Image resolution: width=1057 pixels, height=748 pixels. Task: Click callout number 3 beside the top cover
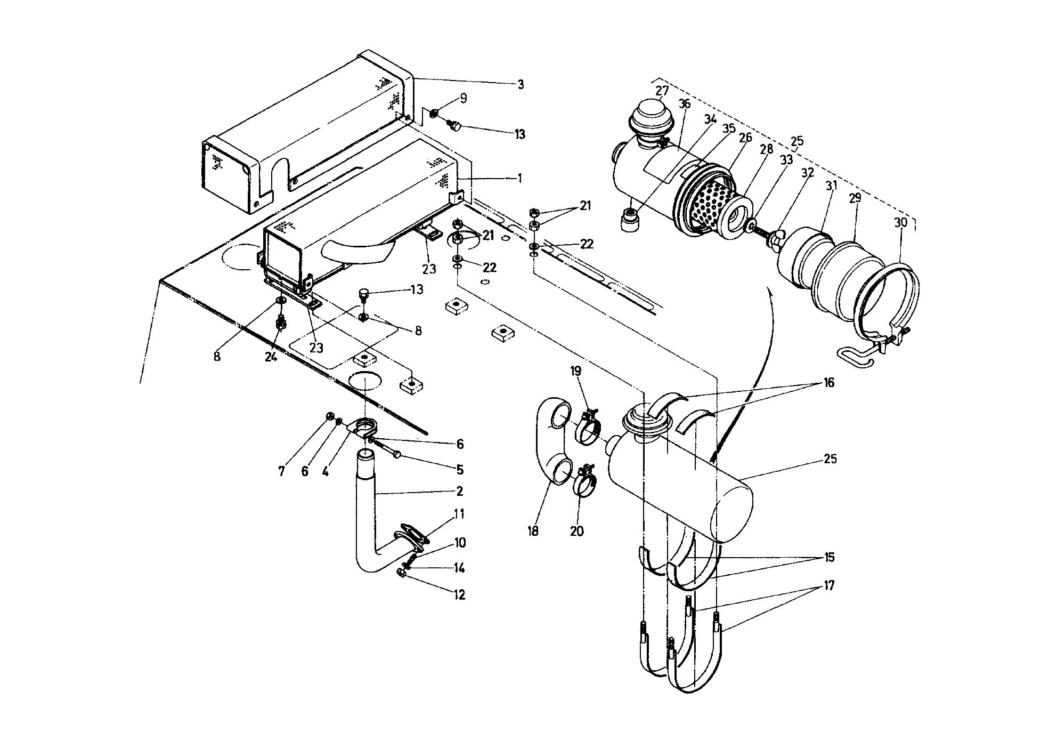[x=521, y=85]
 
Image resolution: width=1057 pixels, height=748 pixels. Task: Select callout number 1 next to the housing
[x=520, y=179]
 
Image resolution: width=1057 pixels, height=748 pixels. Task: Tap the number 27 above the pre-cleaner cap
[x=662, y=91]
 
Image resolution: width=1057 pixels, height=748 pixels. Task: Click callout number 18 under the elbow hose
[x=533, y=531]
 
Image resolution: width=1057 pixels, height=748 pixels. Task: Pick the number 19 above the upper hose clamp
[x=576, y=371]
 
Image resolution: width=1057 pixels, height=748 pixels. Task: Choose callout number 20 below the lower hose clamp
[x=577, y=531]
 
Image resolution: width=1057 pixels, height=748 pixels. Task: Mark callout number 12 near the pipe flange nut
[x=459, y=594]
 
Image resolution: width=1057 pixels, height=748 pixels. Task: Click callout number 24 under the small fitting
[x=271, y=357]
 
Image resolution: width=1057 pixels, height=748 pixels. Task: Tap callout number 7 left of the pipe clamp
[x=282, y=471]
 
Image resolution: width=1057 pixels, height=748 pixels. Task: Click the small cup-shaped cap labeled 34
[x=630, y=220]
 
